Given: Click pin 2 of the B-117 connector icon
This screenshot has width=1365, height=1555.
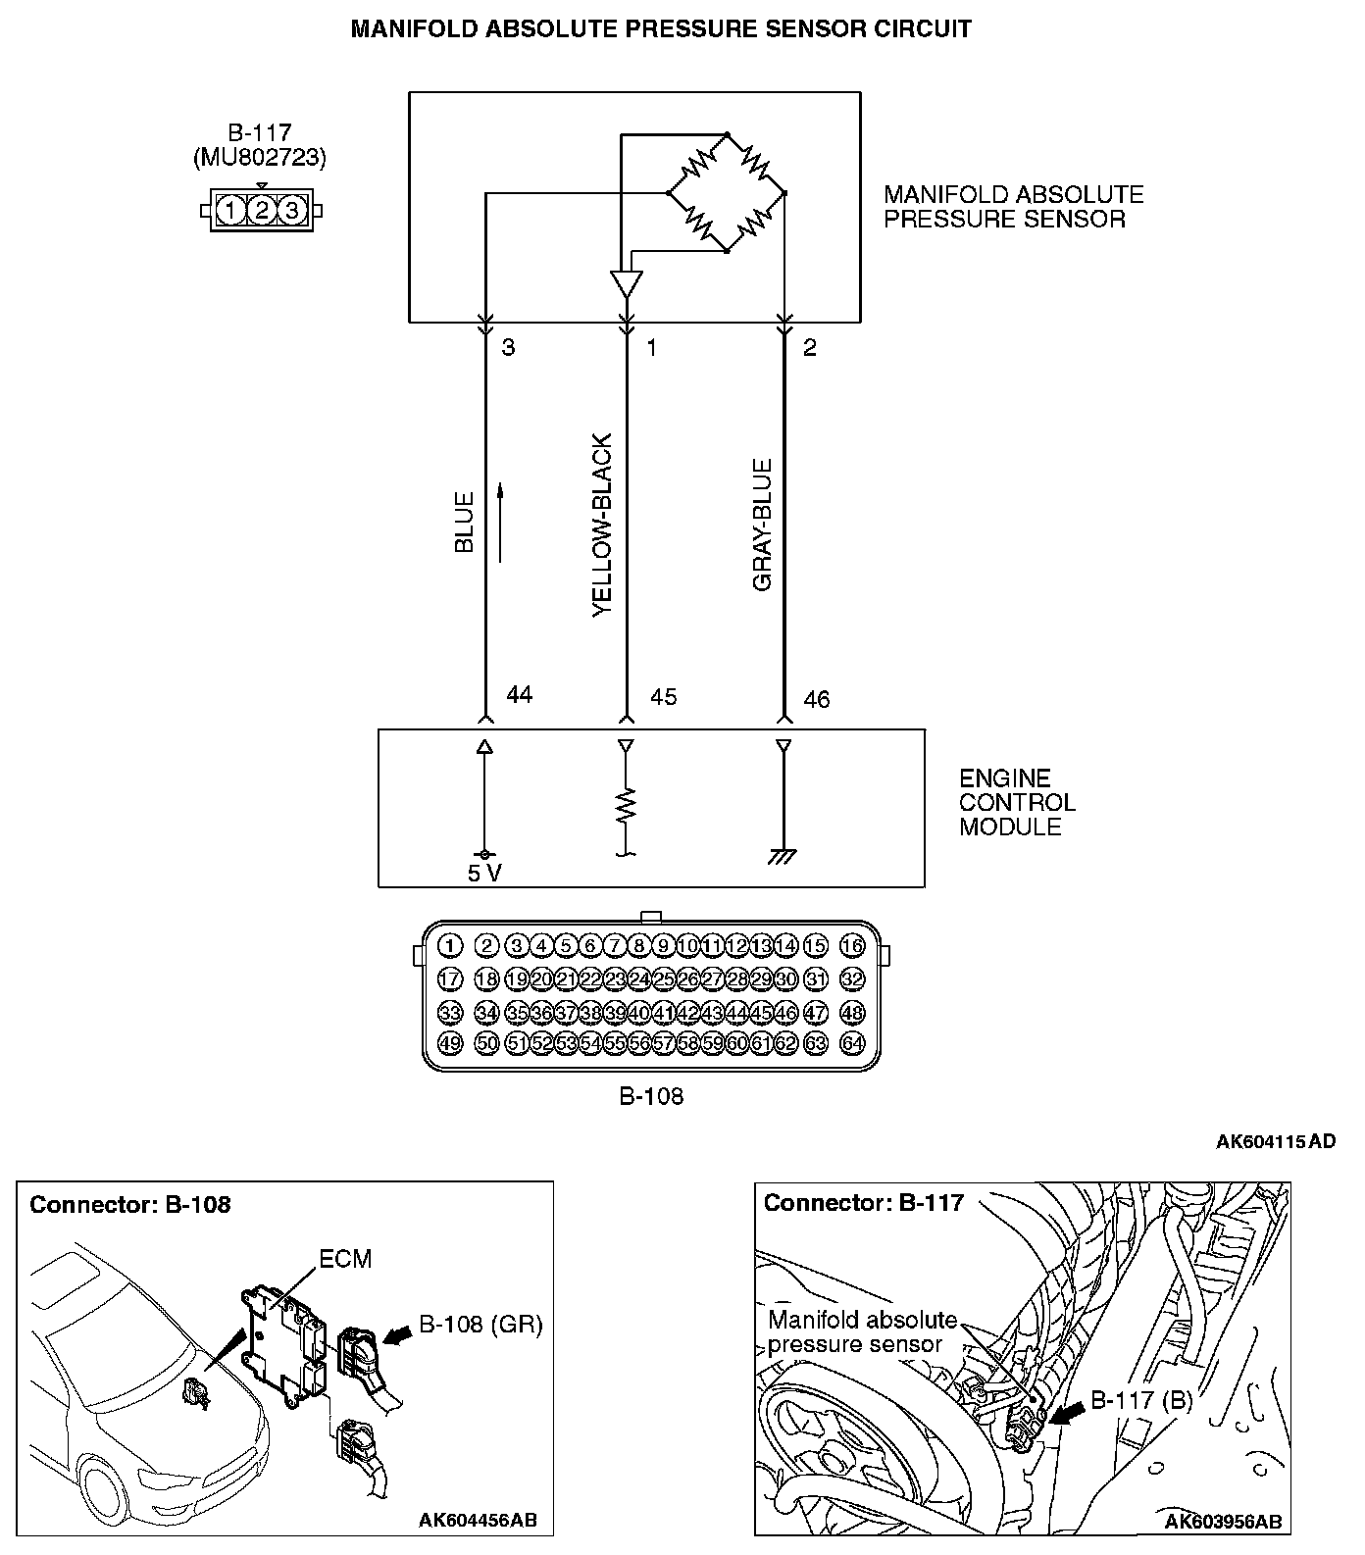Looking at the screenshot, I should click(261, 210).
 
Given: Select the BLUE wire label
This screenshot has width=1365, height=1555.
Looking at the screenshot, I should click(465, 522).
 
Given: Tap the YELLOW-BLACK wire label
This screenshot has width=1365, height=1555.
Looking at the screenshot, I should click(603, 526).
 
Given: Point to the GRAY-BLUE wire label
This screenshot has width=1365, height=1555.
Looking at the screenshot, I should click(763, 526).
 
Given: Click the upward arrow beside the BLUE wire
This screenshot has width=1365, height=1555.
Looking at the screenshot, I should click(500, 522).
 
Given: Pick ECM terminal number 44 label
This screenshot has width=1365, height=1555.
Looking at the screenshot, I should click(519, 695).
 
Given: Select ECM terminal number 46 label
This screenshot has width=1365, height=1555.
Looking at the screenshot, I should click(816, 699).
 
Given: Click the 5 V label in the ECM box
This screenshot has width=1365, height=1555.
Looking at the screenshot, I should click(484, 874).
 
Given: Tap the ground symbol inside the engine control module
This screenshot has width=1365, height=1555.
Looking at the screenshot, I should click(783, 857).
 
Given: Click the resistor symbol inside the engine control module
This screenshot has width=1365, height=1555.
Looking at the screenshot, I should click(626, 806).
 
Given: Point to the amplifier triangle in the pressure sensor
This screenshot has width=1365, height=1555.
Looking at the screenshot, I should click(626, 284).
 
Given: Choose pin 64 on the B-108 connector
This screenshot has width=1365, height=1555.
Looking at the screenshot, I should click(852, 1043).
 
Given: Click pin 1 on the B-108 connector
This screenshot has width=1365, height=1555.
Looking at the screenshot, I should click(449, 946).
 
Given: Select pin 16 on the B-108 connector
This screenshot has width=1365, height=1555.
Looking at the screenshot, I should click(852, 946).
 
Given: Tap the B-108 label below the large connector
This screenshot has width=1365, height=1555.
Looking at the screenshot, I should click(651, 1096).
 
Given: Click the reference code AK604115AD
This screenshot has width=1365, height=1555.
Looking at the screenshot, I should click(1275, 1141).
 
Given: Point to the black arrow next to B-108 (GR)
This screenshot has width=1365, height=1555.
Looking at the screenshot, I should click(400, 1335).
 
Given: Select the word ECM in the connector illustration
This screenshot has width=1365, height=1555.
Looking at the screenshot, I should click(345, 1259).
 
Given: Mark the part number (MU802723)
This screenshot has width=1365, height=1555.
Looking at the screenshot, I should click(260, 157).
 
